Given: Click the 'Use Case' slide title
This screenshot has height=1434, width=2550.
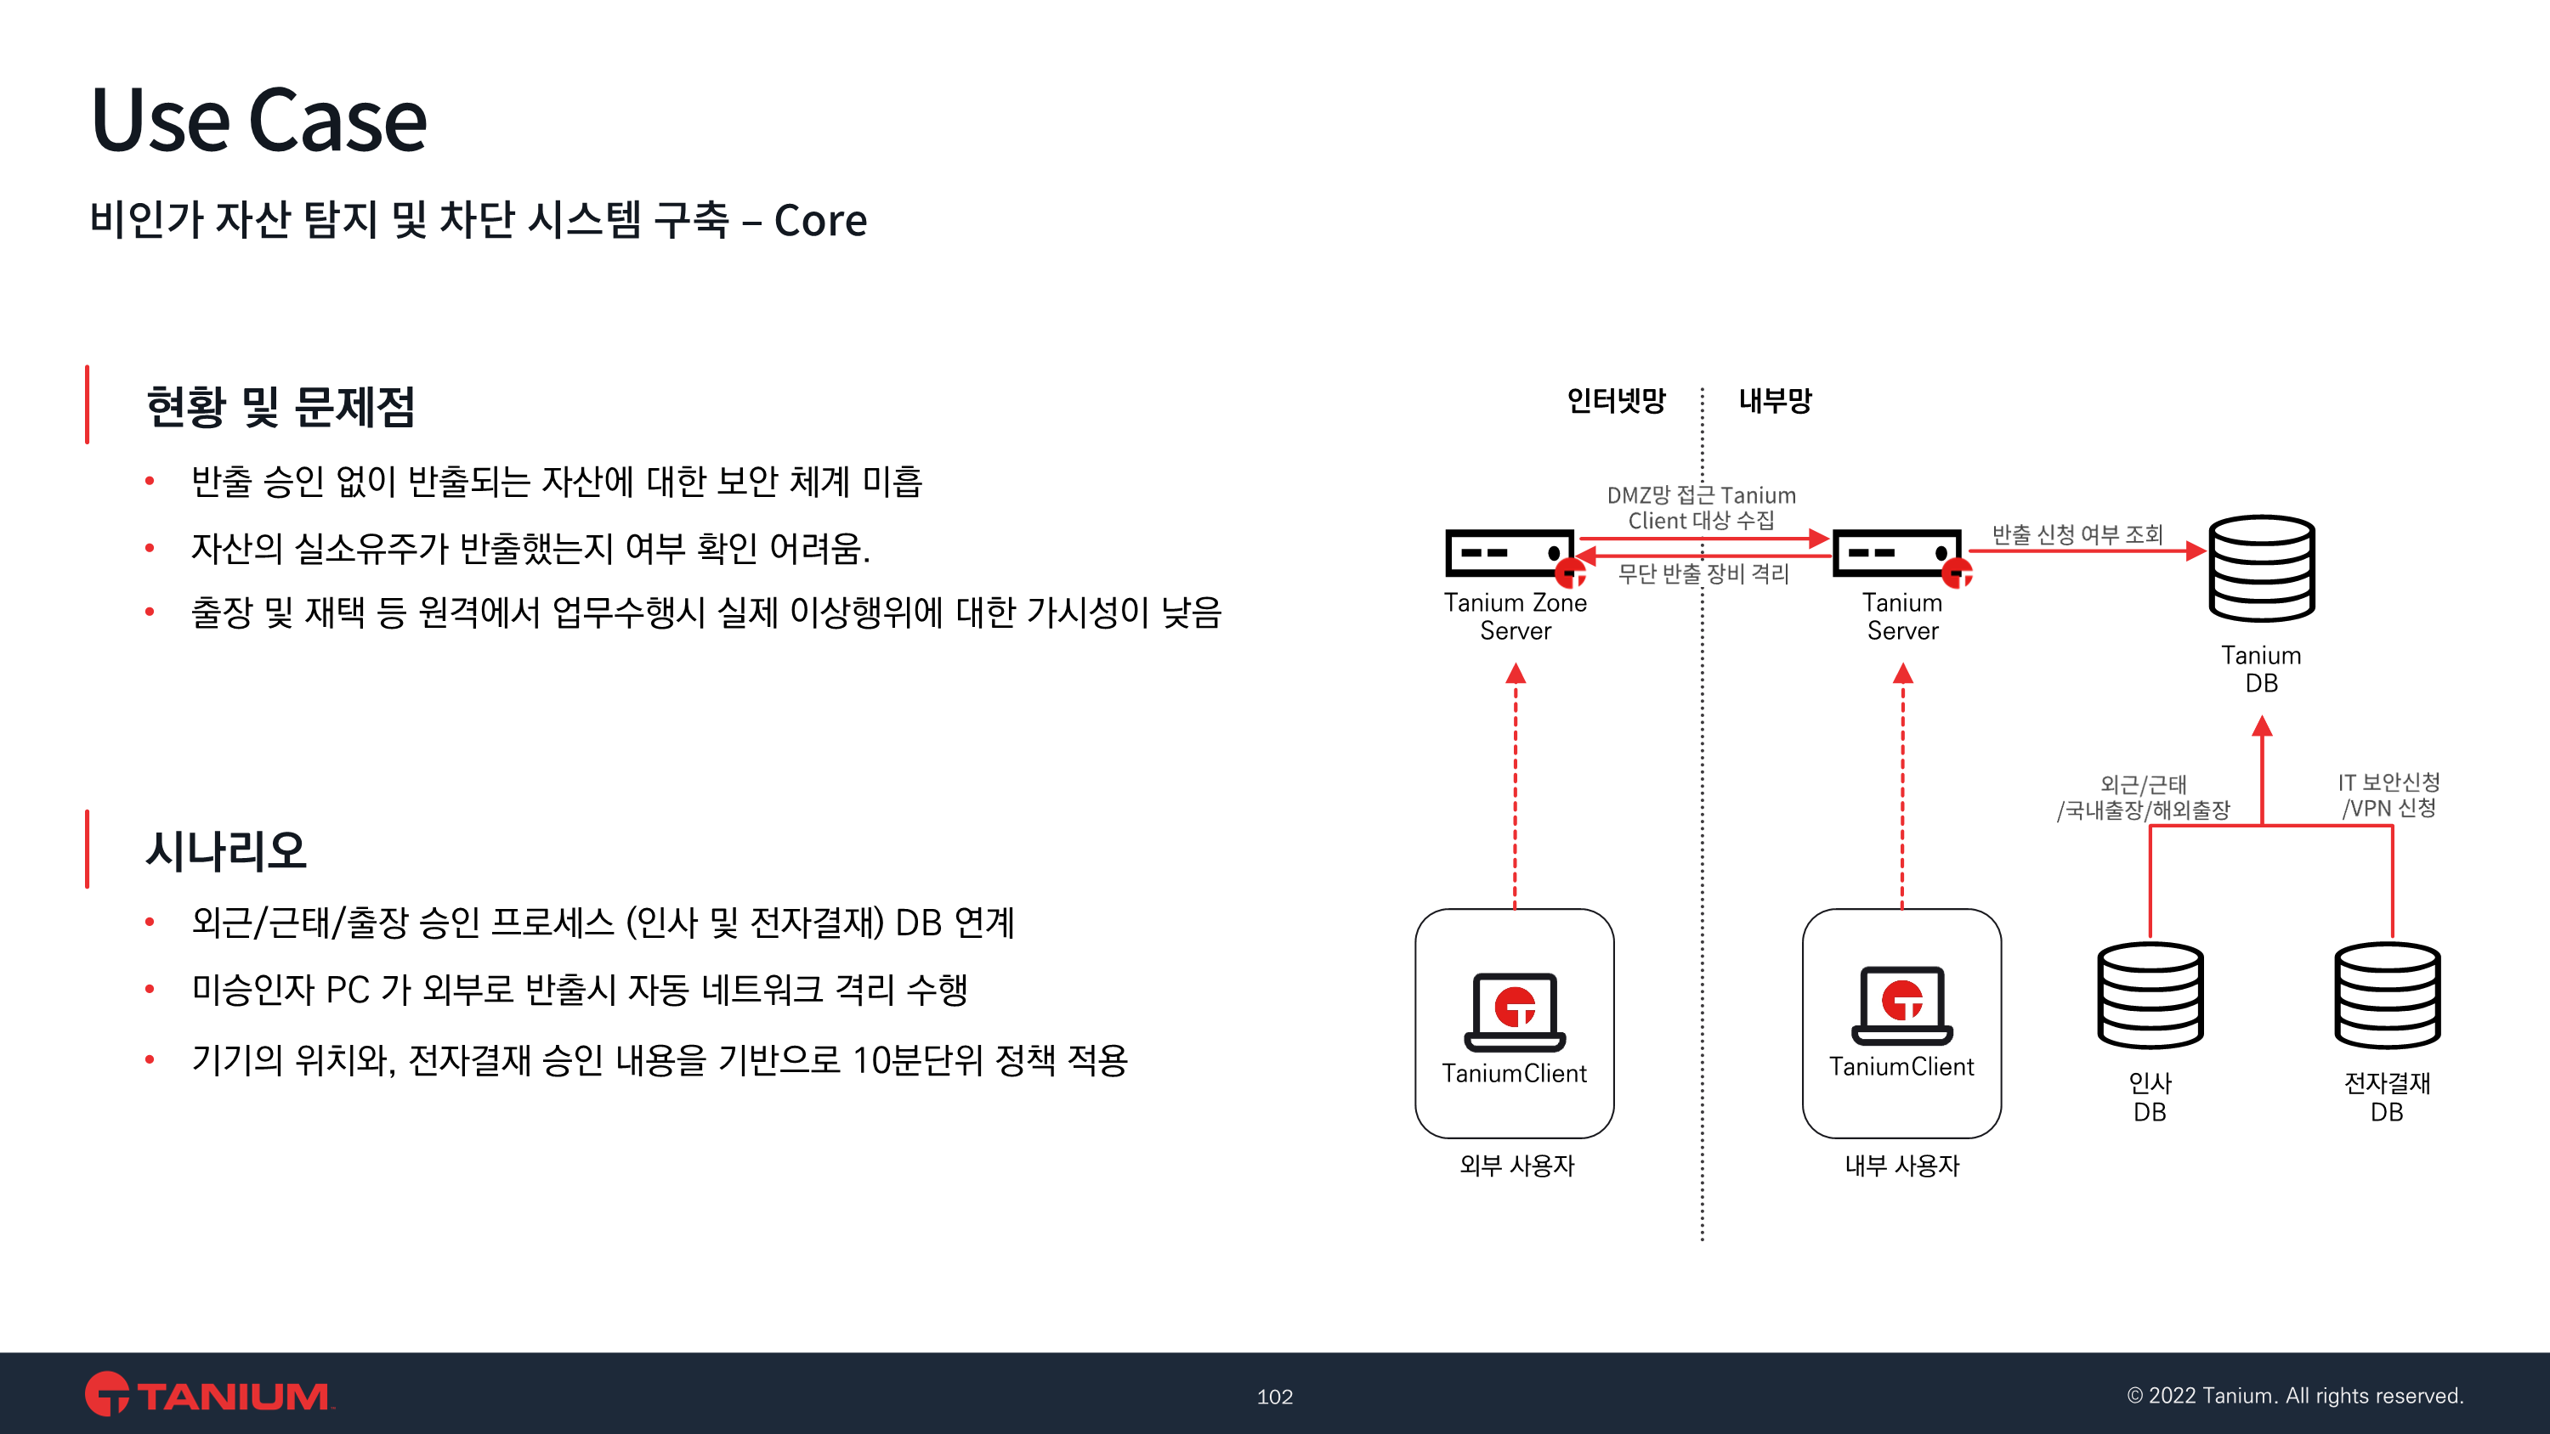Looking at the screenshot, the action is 258,120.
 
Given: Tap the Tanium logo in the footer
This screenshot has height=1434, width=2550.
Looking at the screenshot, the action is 209,1393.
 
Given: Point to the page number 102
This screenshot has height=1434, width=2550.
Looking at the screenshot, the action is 1275,1397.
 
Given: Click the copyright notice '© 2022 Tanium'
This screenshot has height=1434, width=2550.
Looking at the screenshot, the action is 2295,1396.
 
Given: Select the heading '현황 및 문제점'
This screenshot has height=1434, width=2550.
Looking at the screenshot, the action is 280,406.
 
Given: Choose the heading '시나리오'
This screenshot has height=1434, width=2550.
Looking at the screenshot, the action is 226,850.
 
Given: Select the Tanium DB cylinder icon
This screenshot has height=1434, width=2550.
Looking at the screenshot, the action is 2262,568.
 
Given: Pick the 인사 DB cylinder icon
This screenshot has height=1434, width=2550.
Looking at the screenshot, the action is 2150,996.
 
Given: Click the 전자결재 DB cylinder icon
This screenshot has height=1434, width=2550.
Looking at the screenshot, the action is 2388,996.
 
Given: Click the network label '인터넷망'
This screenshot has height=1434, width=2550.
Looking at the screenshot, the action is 1617,401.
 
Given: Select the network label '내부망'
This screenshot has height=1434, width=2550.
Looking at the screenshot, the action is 1776,401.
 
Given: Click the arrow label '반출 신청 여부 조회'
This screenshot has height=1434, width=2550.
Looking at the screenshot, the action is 2077,534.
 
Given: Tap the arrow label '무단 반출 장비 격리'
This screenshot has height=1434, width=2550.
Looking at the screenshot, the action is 1703,574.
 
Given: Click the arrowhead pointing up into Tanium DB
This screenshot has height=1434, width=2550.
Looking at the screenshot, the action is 2262,727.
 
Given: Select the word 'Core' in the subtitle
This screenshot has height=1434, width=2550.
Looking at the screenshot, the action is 819,221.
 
